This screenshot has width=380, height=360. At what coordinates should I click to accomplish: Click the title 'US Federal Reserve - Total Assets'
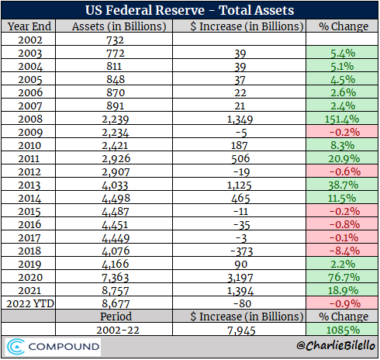pos(190,10)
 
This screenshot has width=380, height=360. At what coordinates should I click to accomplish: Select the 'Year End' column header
pos(29,26)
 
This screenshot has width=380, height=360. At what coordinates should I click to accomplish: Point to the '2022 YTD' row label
pos(29,302)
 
